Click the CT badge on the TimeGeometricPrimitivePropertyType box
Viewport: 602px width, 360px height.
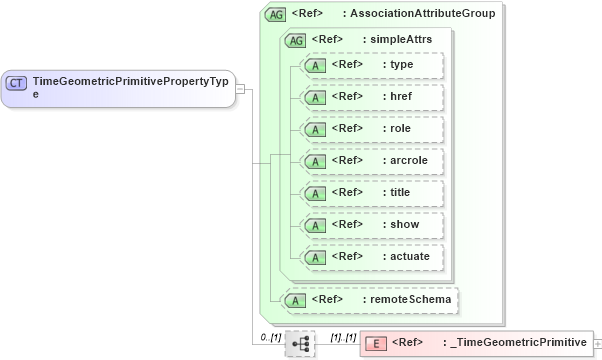coord(17,82)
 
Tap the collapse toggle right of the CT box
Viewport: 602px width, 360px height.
coord(241,88)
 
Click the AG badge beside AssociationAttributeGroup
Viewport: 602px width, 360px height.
coord(274,15)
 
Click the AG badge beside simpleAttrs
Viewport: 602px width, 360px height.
coord(296,40)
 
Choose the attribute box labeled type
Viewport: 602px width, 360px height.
coord(371,65)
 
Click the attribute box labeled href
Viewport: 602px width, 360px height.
coord(371,97)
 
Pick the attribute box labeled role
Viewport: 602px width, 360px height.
coord(371,129)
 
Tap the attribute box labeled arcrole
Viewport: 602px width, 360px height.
coord(371,161)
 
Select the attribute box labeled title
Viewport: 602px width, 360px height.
coord(371,193)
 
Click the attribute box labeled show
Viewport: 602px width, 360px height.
coord(371,225)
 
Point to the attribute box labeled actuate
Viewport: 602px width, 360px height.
coord(371,257)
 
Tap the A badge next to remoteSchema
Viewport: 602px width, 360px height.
coord(295,299)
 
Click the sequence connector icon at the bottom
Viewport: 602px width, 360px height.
coord(299,344)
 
